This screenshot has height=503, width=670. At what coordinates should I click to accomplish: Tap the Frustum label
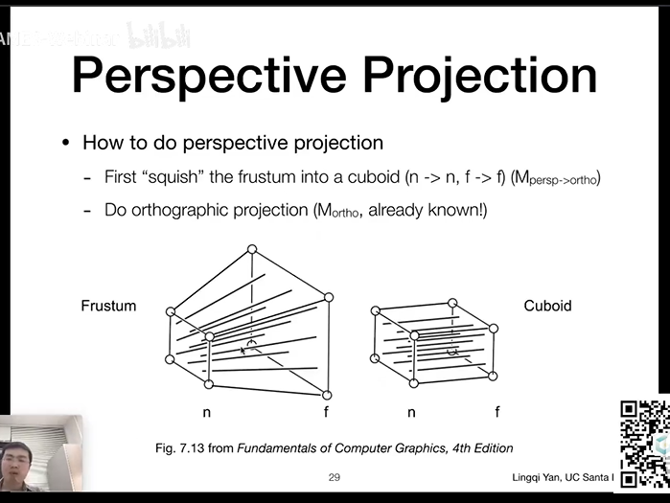click(x=108, y=307)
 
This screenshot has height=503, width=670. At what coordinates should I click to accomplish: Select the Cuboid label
click(x=547, y=307)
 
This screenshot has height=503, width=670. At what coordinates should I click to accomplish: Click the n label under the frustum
click(x=206, y=413)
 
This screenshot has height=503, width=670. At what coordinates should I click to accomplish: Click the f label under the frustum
click(x=327, y=413)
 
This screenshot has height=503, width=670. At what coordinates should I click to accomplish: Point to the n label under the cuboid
click(x=412, y=413)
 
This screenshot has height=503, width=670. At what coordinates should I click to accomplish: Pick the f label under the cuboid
click(x=497, y=413)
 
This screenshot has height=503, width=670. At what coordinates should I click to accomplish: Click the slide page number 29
click(x=334, y=477)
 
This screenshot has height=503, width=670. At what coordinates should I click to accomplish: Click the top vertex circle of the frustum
click(x=252, y=250)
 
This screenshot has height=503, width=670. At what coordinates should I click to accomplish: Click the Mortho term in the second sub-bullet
click(x=335, y=211)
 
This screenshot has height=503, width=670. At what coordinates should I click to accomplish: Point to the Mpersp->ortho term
click(x=558, y=178)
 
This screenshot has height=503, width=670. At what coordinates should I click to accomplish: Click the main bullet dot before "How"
click(x=66, y=143)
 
